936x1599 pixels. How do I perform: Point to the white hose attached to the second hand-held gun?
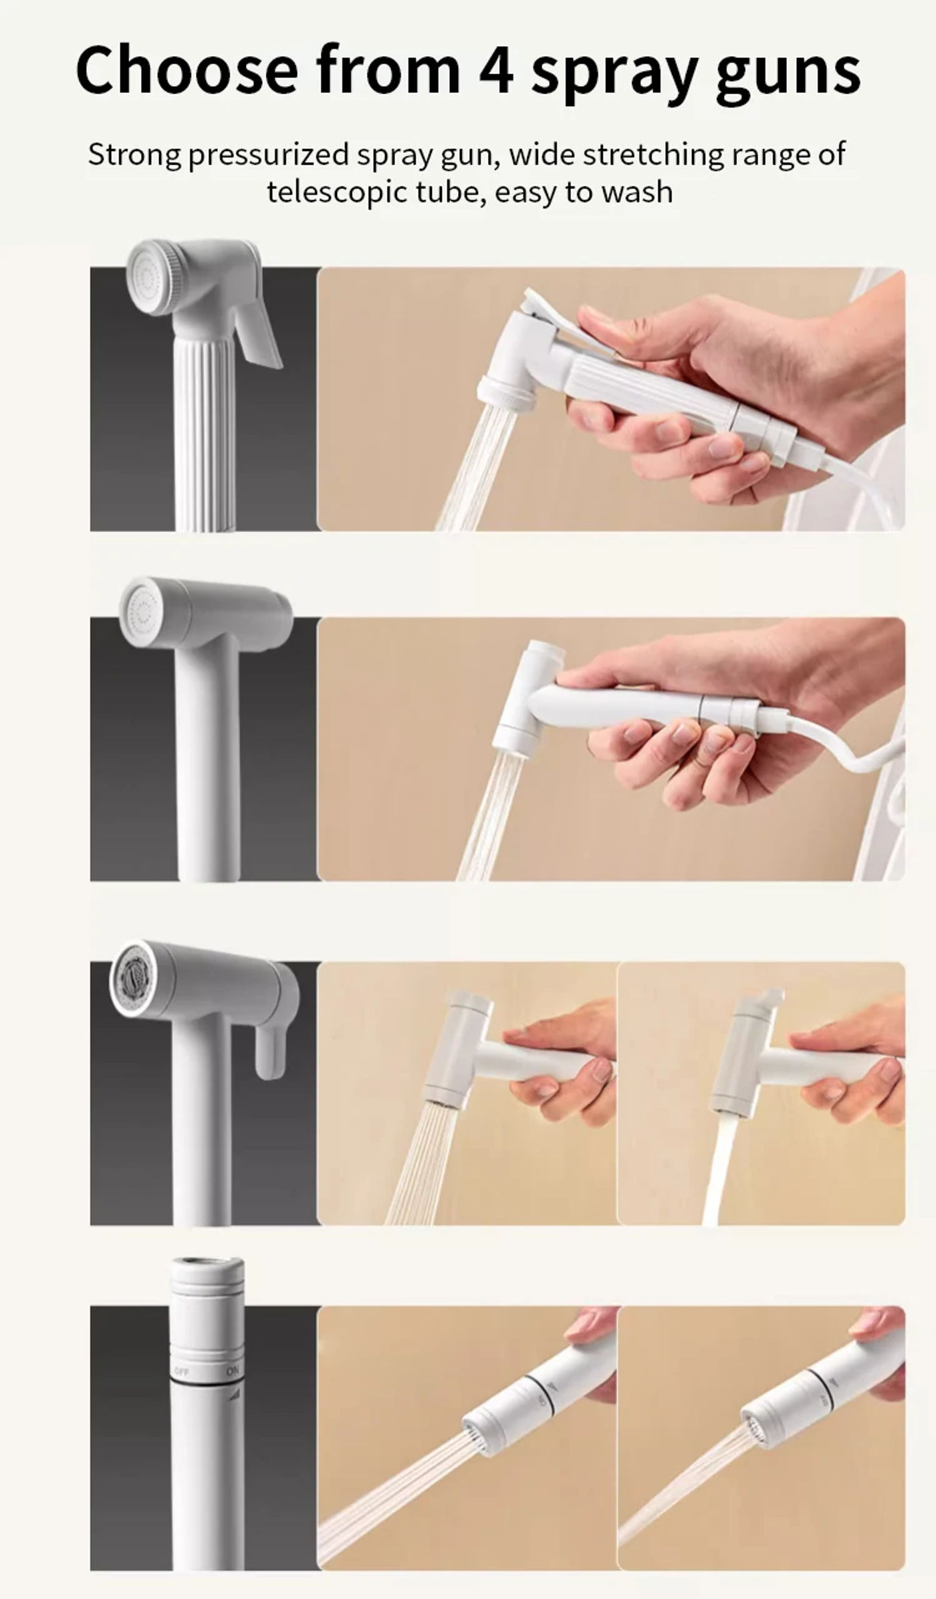coord(842,742)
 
